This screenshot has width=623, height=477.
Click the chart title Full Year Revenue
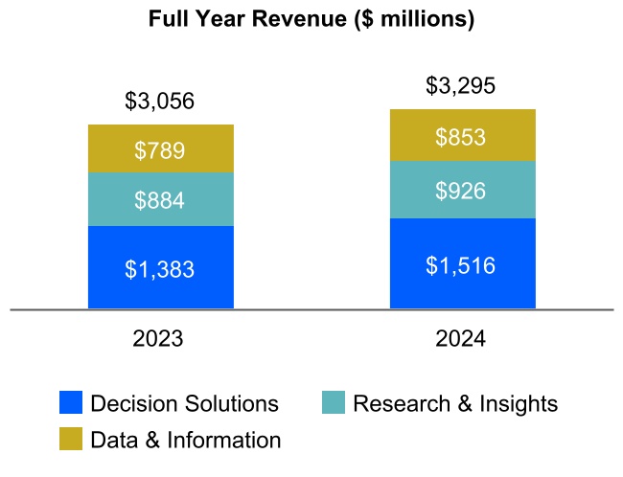[311, 19]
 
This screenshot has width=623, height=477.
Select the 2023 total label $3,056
[160, 101]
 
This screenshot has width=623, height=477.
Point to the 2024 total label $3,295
[461, 86]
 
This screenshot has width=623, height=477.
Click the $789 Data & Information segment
[160, 149]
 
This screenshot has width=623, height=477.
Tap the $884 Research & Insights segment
[160, 200]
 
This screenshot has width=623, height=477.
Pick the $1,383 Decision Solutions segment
[160, 269]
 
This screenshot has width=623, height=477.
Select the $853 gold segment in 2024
[461, 136]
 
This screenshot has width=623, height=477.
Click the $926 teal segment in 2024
[461, 190]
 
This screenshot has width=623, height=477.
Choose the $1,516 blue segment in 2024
[461, 264]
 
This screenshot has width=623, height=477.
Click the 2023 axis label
[160, 339]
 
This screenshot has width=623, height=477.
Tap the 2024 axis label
[461, 339]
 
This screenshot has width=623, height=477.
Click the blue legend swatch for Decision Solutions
[70, 403]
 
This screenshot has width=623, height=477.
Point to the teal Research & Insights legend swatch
[333, 403]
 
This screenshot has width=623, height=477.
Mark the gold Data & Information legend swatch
[70, 440]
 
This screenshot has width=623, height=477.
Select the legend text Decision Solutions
[184, 403]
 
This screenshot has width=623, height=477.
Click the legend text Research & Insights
[455, 403]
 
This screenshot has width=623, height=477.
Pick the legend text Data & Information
[185, 440]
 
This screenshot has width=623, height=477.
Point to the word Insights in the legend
[519, 403]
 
